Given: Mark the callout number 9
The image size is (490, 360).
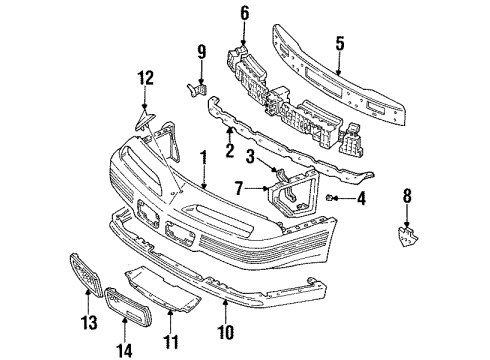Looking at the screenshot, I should pyautogui.click(x=201, y=53).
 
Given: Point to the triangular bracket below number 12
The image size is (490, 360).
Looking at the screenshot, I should pyautogui.click(x=145, y=123).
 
